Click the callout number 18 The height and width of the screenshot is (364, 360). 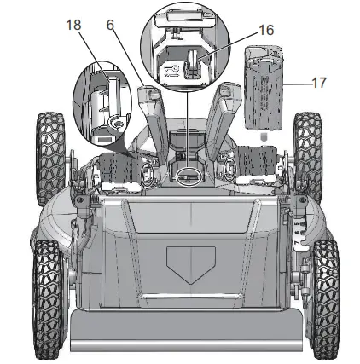tap(73, 25)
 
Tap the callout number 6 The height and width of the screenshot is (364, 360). tap(110, 25)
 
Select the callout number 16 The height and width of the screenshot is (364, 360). tap(266, 30)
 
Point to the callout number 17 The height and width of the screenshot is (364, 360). tap(319, 83)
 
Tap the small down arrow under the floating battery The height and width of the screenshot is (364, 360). tap(264, 137)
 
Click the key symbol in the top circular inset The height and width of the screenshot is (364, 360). tap(171, 71)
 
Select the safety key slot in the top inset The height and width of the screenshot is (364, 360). tap(192, 64)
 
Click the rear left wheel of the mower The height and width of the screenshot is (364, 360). tap(50, 157)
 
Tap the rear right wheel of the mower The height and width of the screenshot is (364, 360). tap(308, 157)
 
